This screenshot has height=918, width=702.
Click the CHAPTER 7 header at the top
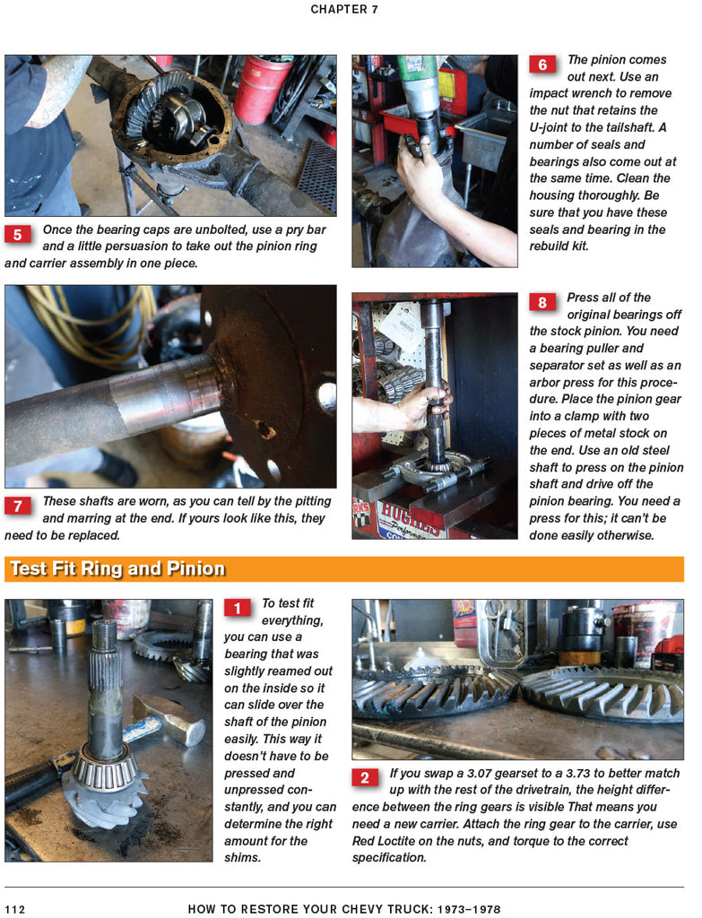(x=344, y=9)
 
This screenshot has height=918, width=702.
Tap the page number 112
(x=14, y=909)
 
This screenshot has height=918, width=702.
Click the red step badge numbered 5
(x=18, y=234)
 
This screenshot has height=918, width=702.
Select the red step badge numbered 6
(x=542, y=65)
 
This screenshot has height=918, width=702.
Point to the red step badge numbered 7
(x=18, y=506)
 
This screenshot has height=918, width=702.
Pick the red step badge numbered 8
(x=542, y=302)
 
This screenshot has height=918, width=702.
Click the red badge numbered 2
(x=365, y=777)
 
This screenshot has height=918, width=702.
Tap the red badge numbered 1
(x=237, y=608)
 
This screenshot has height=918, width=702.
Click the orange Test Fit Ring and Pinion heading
(x=117, y=568)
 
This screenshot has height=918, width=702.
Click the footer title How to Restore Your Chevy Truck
(x=344, y=909)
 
